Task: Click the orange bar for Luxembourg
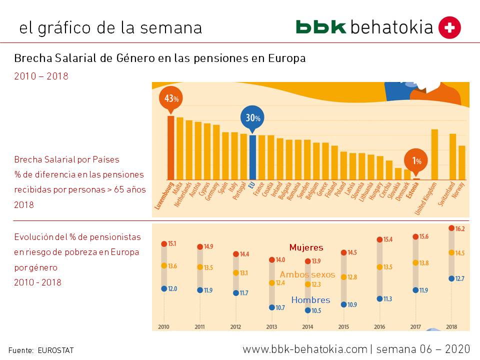(x=170, y=147)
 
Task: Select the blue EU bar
(x=252, y=157)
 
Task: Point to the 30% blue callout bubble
(x=252, y=118)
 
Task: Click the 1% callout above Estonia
(x=416, y=160)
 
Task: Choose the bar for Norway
(x=461, y=162)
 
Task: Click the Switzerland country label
(x=447, y=195)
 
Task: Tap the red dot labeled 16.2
(x=451, y=228)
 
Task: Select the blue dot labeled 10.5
(x=307, y=310)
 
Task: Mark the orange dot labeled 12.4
(x=271, y=283)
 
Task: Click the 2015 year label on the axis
(x=343, y=327)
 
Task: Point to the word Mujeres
(x=306, y=247)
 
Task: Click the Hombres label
(x=310, y=300)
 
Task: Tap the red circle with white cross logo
(x=449, y=27)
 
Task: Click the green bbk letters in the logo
(x=320, y=27)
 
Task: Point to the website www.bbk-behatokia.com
(x=305, y=348)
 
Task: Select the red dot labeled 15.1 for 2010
(x=164, y=244)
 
